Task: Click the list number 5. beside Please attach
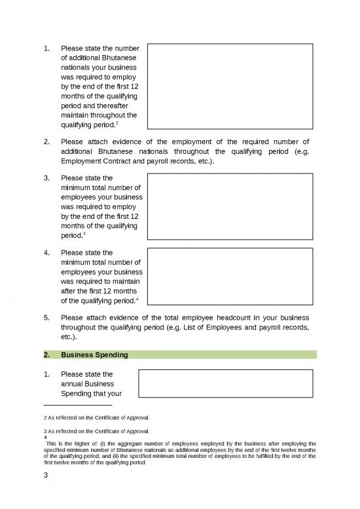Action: point(46,317)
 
